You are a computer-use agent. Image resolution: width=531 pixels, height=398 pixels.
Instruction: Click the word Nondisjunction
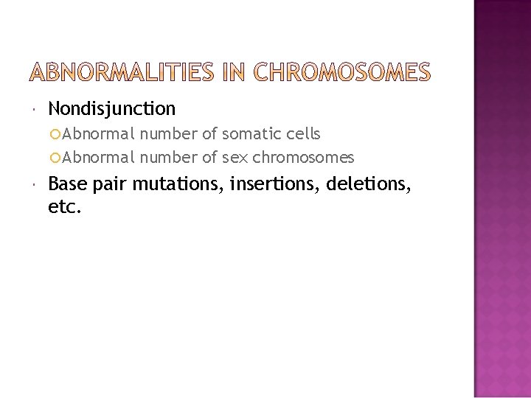coord(112,110)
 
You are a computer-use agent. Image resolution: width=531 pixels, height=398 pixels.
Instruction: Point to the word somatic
coord(248,134)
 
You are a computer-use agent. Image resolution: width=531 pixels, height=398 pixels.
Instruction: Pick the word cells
coord(301,134)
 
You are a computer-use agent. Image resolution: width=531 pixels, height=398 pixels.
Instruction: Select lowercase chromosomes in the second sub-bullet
coord(303,158)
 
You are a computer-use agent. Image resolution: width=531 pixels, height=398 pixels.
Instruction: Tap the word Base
coord(68,184)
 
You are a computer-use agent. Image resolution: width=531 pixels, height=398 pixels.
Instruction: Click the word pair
coord(110,184)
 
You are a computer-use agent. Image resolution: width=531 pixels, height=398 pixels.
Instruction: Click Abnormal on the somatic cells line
coord(99,134)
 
